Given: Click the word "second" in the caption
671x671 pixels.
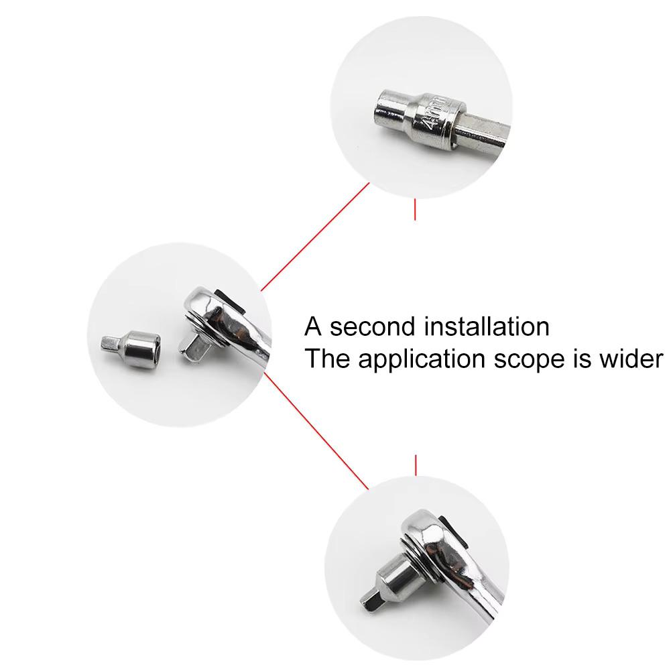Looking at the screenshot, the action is coord(372,326).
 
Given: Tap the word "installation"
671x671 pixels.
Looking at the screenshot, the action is coord(487,326).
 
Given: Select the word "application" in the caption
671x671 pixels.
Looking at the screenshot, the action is coord(422,359).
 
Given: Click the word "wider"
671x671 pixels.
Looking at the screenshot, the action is coord(631,359).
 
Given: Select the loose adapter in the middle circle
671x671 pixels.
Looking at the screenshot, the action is coord(131,347).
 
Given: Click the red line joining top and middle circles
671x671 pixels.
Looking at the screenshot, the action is coord(315,237).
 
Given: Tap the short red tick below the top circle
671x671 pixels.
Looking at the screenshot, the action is coord(415,209).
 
